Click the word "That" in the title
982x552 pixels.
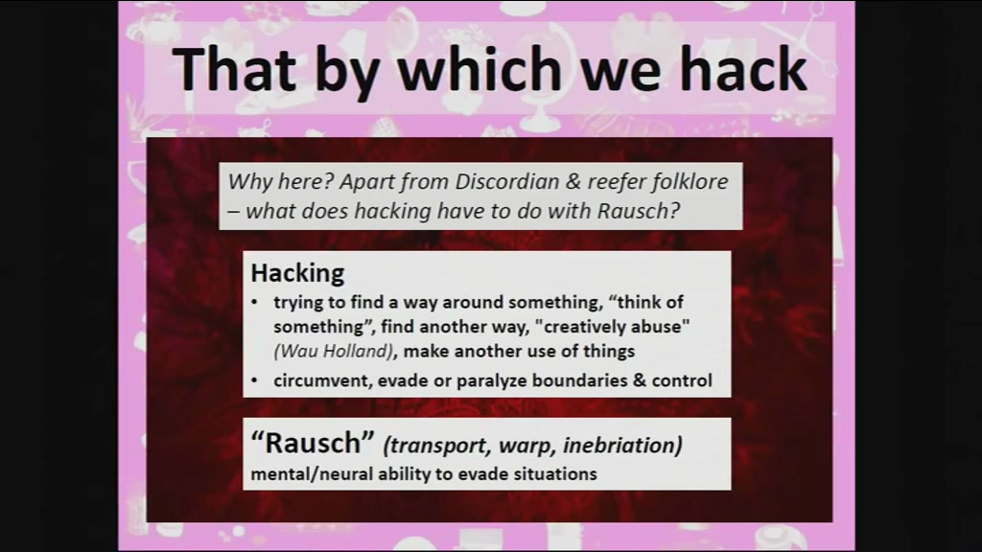(234, 69)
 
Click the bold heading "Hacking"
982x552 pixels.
(297, 273)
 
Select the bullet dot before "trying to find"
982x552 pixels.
(254, 303)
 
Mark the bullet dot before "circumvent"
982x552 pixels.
(254, 380)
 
